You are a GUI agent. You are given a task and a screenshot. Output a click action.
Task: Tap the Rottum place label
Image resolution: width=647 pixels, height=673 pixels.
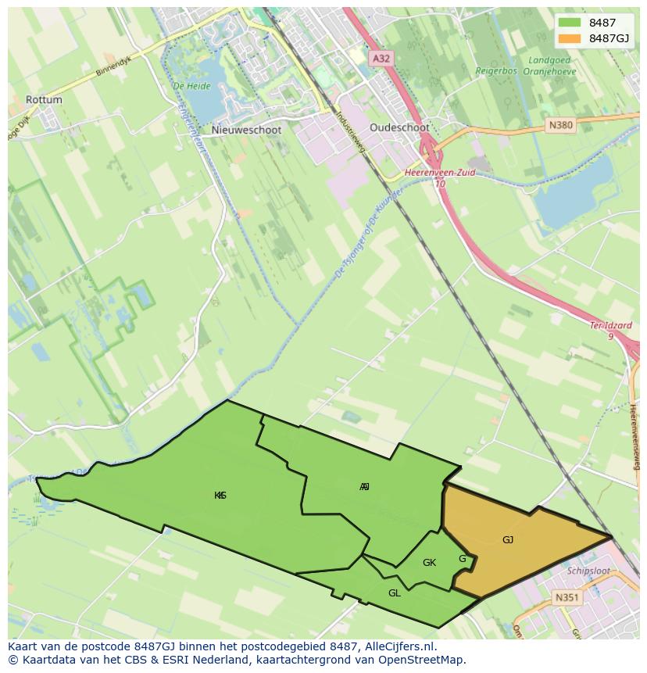[x=44, y=100]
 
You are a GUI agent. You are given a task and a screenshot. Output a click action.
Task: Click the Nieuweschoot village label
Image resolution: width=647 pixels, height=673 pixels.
[x=246, y=131]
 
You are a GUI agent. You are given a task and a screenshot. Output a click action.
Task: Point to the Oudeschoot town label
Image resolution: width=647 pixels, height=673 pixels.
[x=399, y=127]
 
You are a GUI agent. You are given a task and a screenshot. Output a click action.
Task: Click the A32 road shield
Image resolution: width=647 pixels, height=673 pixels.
[x=381, y=58]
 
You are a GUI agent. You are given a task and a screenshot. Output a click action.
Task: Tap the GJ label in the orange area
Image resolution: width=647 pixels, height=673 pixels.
[x=508, y=540]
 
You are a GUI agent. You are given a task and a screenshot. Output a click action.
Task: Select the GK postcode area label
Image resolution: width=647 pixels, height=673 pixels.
[x=429, y=563]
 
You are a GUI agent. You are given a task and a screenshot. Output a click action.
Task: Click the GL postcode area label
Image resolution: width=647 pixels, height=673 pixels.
[x=395, y=593]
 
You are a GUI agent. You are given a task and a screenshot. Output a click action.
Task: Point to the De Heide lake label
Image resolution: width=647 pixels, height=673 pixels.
[x=188, y=85]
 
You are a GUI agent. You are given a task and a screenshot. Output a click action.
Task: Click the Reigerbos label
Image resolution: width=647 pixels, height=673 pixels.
[x=497, y=71]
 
